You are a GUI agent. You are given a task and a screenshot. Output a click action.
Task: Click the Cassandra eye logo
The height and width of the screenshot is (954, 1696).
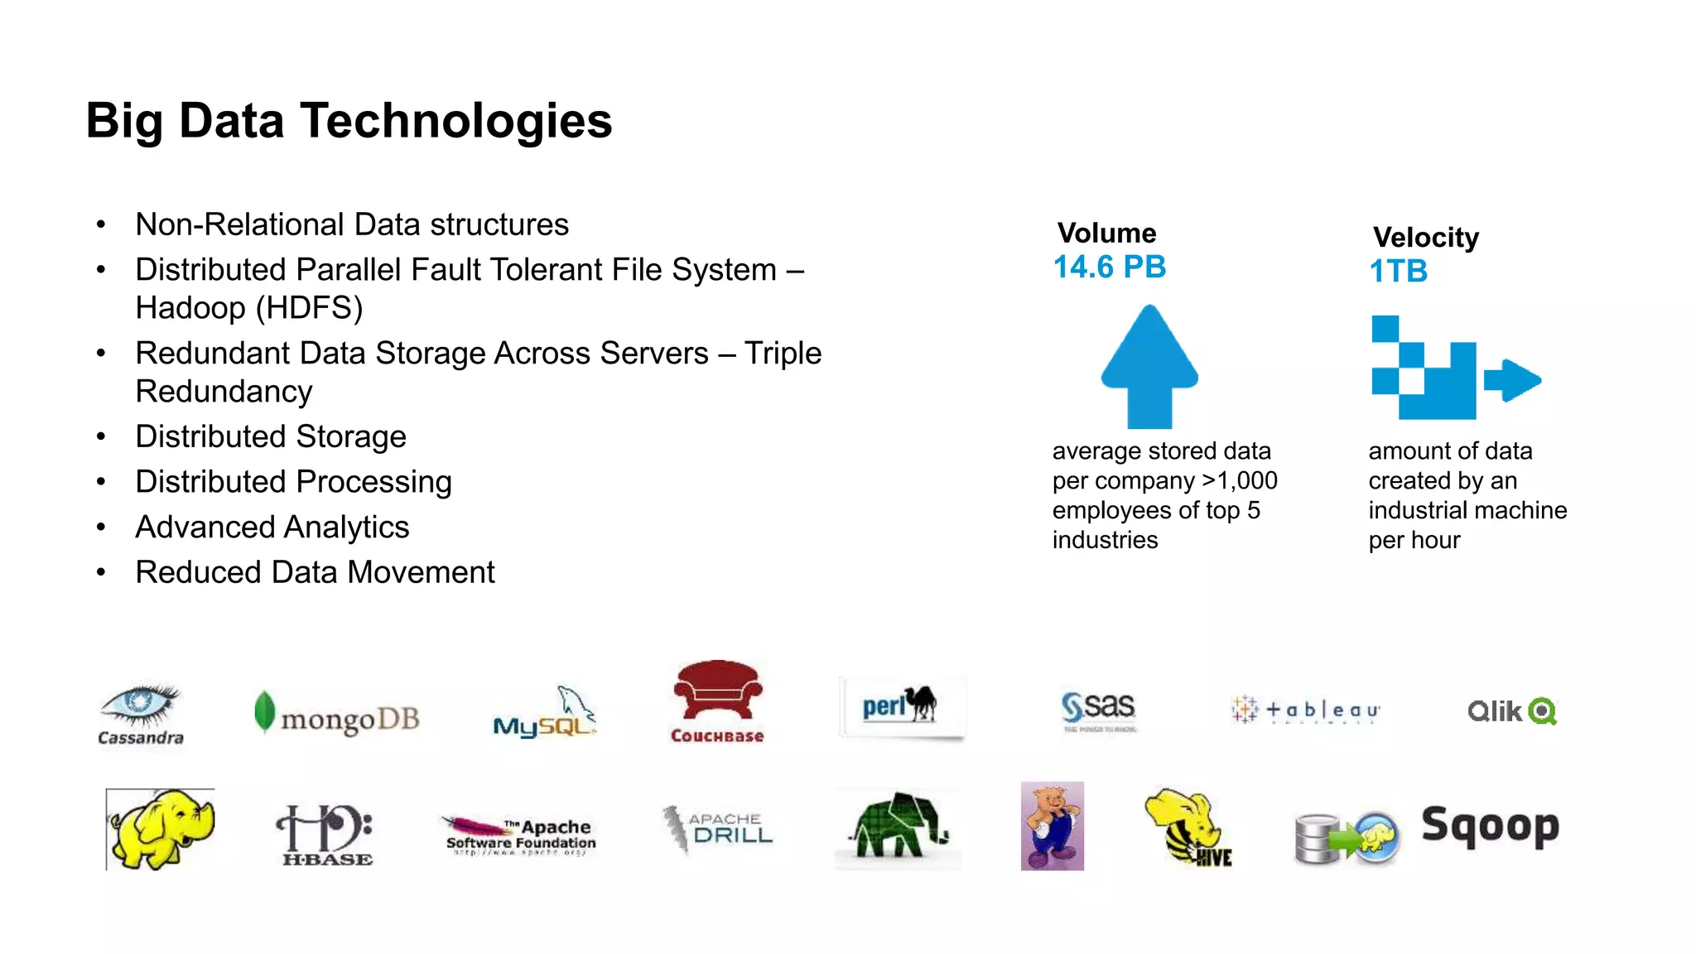[140, 713]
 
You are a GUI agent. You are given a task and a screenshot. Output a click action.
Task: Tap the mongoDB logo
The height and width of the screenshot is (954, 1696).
[337, 715]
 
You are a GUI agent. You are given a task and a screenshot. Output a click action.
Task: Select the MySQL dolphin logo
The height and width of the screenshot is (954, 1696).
[544, 713]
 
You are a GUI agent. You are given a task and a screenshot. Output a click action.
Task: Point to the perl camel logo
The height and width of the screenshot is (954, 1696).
[901, 706]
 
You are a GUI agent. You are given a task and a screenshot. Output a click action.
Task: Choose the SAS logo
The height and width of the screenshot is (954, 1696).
[1099, 711]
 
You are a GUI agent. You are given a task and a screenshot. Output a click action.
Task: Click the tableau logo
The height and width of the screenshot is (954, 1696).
[1305, 711]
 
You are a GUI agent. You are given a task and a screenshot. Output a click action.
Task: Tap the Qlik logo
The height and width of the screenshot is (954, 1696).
[1512, 711]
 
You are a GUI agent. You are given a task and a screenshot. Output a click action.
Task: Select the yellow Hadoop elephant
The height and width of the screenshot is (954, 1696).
[161, 828]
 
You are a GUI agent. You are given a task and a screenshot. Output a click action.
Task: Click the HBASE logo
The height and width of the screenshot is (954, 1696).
[326, 835]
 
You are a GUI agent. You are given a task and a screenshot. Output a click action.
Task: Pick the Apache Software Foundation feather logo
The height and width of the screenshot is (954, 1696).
[520, 835]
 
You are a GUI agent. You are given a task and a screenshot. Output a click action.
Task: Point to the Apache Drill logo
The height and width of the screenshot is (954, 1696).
[718, 828]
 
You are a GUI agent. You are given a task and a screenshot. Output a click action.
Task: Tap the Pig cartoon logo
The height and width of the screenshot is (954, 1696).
[1052, 826]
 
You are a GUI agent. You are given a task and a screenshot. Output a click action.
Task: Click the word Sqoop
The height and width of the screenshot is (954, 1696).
[1490, 826]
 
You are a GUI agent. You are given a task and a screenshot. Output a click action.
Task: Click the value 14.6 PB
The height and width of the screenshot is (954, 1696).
[1109, 267]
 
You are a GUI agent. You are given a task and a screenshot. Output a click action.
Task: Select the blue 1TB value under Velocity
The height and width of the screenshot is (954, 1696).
[1398, 272]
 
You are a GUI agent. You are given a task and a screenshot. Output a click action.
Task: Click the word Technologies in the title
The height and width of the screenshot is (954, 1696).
[456, 121]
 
